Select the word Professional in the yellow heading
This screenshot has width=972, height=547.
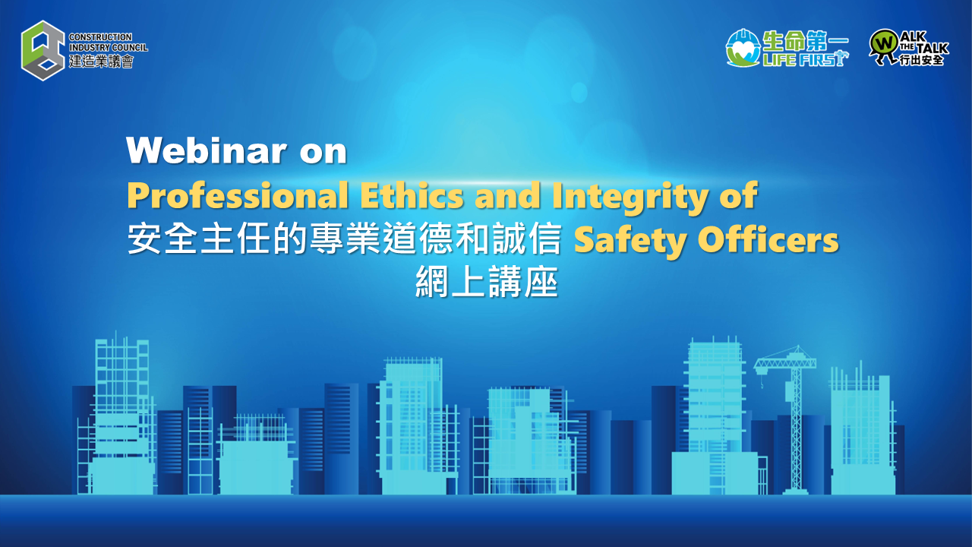tap(238, 196)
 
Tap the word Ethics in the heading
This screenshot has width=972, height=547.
tap(411, 196)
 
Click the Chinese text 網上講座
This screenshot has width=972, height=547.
tap(486, 283)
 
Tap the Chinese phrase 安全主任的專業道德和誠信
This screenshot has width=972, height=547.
tap(345, 241)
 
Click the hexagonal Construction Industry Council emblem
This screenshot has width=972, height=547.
tap(43, 50)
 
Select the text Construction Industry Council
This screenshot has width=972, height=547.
tap(108, 42)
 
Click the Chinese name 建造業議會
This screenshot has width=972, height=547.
tap(101, 62)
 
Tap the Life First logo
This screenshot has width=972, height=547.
tap(787, 49)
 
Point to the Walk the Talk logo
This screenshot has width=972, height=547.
tap(908, 49)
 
